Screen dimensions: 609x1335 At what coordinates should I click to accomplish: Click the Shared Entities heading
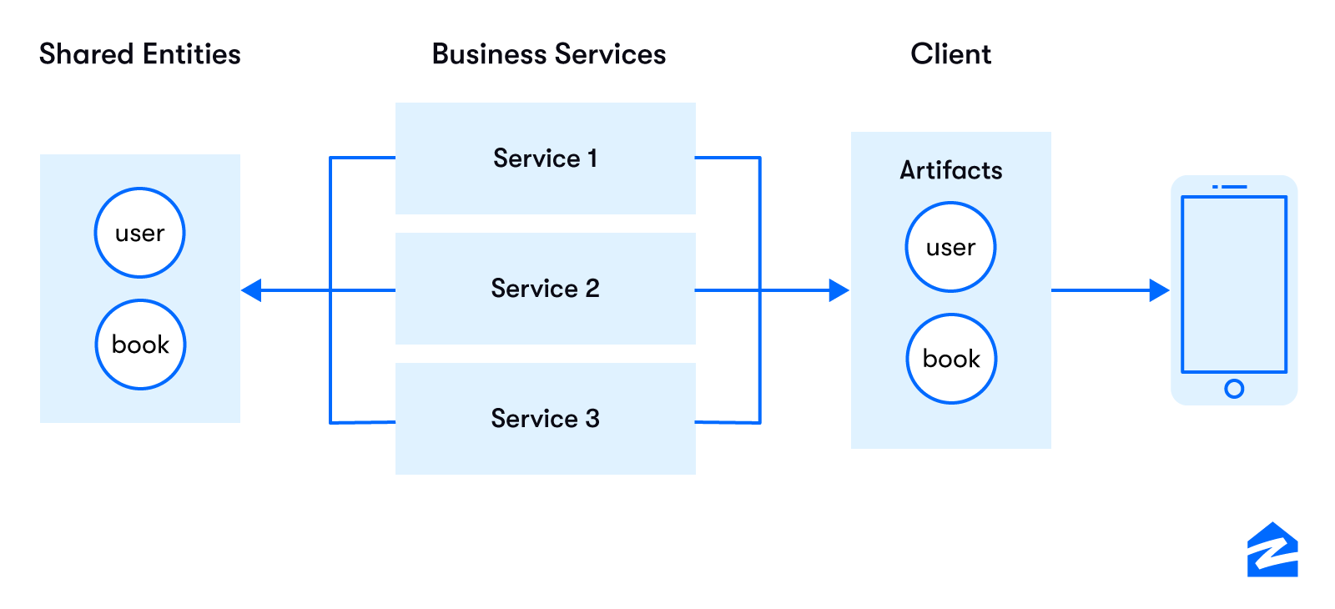[x=140, y=54]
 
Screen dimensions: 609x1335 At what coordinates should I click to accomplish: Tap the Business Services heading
[x=548, y=54]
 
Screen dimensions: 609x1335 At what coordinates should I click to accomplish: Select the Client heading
[x=950, y=54]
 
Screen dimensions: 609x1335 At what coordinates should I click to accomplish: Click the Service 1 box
[x=545, y=159]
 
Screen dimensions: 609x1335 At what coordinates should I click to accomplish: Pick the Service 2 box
[x=545, y=289]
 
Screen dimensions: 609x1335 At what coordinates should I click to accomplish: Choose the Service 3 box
[x=545, y=419]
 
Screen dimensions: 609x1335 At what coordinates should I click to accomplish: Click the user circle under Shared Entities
[x=139, y=233]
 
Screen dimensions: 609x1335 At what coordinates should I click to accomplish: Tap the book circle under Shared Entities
[x=140, y=345]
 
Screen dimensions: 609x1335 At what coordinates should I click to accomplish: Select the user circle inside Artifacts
[x=950, y=247]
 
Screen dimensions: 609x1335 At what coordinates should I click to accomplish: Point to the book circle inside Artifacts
[x=951, y=359]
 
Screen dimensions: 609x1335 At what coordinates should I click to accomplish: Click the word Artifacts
[x=950, y=170]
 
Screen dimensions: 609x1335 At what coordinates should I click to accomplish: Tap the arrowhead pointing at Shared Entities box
[x=251, y=290]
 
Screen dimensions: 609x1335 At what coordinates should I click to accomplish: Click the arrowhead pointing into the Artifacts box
[x=839, y=290]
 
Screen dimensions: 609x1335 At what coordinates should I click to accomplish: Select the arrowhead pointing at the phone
[x=1159, y=290]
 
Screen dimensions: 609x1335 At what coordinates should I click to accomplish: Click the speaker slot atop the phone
[x=1234, y=187]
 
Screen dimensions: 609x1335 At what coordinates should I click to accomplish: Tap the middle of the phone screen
[x=1234, y=284]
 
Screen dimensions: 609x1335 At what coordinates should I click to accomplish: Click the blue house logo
[x=1272, y=551]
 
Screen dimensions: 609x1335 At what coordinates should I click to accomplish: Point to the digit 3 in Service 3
[x=592, y=419]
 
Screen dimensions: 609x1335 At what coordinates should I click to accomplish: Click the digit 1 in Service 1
[x=592, y=159]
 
